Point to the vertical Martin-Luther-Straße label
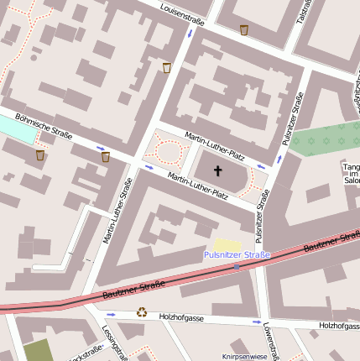pyautogui.click(x=117, y=211)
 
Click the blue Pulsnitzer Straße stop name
pyautogui.click(x=237, y=254)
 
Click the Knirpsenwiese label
pyautogui.click(x=243, y=357)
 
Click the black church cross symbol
pyautogui.click(x=217, y=171)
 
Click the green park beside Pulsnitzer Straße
pyautogui.click(x=323, y=139)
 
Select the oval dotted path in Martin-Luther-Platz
pyautogui.click(x=169, y=152)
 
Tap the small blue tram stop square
pyautogui.click(x=237, y=267)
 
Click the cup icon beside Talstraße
pyautogui.click(x=243, y=30)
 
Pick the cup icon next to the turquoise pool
pyautogui.click(x=39, y=154)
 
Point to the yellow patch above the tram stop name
pyautogui.click(x=227, y=243)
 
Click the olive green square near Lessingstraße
pyautogui.click(x=38, y=350)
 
